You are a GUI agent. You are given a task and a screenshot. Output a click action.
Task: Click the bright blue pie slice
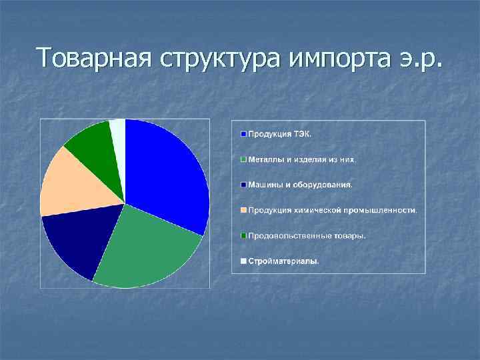167,173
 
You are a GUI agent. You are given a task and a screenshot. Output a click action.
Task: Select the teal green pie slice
147,250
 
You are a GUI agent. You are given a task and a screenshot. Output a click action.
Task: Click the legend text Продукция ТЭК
279,134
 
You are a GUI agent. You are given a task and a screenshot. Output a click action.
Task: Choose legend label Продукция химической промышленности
333,210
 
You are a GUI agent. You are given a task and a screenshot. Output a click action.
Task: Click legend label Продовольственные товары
307,235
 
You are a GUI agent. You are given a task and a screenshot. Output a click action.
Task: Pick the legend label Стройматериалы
283,261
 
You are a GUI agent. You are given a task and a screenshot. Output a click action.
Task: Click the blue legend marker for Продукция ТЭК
244,134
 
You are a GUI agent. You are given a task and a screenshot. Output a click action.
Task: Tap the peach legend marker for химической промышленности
244,210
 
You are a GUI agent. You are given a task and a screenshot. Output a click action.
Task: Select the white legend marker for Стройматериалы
244,261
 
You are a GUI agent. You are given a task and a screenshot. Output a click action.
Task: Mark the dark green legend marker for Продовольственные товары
244,235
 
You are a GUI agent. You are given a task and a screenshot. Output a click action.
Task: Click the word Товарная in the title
94,58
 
